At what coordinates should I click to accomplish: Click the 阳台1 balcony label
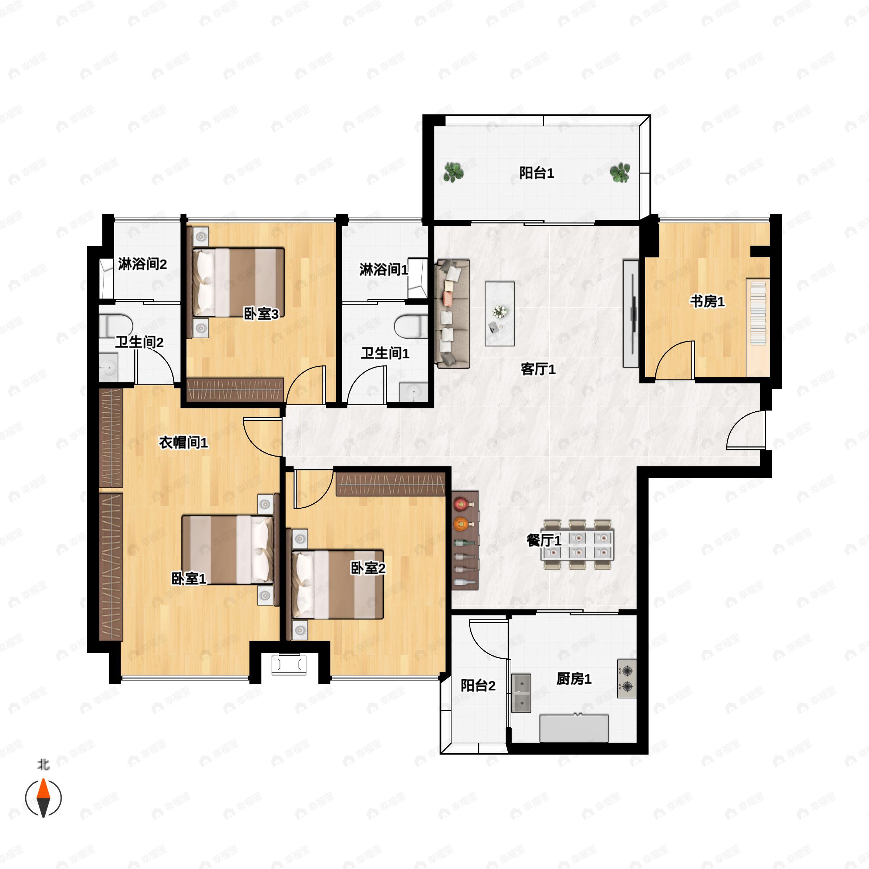[x=536, y=173]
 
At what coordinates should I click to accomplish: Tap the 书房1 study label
[x=708, y=301]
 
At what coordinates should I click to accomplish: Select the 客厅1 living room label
[x=538, y=369]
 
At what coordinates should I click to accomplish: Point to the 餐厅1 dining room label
[x=544, y=540]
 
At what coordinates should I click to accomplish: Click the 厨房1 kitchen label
[x=574, y=678]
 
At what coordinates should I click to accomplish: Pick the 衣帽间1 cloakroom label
[x=184, y=442]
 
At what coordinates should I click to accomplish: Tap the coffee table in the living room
[x=500, y=314]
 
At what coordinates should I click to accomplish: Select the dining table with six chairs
[x=578, y=545]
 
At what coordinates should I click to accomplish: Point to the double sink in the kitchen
[x=521, y=693]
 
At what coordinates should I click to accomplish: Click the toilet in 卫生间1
[x=411, y=326]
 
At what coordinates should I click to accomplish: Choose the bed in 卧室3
[x=238, y=282]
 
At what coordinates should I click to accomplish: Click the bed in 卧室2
[x=338, y=584]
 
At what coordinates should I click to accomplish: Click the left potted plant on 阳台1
[x=453, y=172]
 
